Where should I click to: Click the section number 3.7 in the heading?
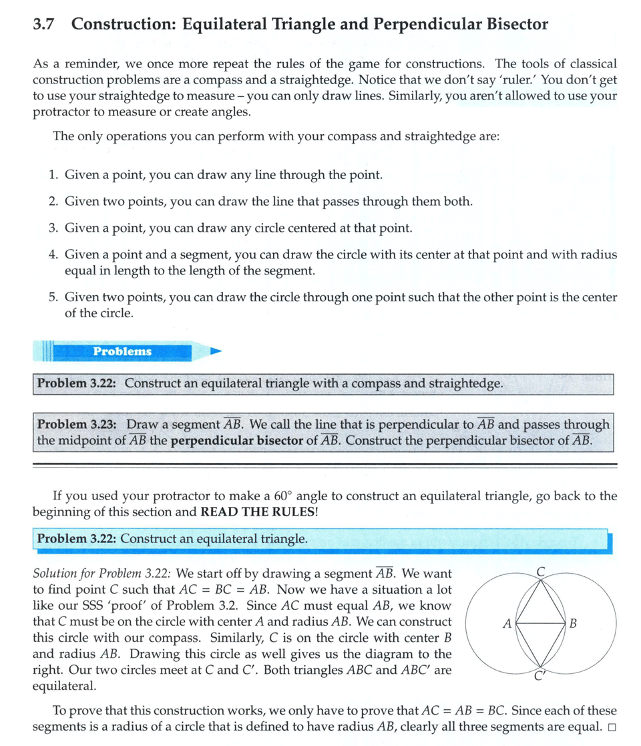[x=43, y=25]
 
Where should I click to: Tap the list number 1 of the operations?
[x=53, y=176]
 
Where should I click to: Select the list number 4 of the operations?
[x=53, y=255]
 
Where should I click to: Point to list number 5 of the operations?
[x=53, y=297]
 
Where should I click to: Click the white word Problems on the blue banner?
[x=122, y=351]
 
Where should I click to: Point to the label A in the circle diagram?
[x=507, y=624]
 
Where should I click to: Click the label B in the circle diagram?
[x=573, y=624]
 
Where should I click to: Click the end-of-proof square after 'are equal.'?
[x=612, y=727]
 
